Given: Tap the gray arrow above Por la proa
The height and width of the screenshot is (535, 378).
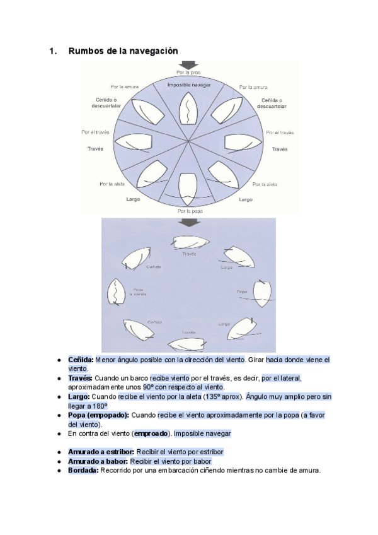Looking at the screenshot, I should pos(188,65).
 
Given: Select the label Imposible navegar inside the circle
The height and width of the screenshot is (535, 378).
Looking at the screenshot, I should pos(188,85).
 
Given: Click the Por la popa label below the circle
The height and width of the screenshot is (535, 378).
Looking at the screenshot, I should pos(189,211).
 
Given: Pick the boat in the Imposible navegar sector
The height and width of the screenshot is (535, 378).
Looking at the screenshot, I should pos(189,109).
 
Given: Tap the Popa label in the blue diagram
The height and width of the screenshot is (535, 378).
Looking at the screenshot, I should pos(241,292).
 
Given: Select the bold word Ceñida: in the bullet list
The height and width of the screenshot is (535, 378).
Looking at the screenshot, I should pos(81,360).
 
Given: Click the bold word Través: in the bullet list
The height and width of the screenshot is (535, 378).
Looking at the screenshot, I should pos(81,378).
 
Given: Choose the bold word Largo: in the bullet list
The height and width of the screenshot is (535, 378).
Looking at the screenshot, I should pos(79,396).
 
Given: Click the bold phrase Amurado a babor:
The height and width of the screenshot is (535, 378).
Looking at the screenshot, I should pos(98,461).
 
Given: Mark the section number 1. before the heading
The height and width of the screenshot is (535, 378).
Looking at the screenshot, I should pos(52,51).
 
